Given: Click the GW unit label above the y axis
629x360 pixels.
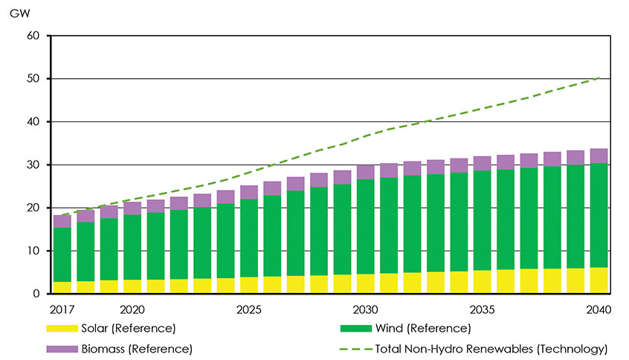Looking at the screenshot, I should click(17, 13).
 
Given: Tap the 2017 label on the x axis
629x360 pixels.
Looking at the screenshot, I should click(62, 309).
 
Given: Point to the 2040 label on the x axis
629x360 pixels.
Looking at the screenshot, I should click(598, 309).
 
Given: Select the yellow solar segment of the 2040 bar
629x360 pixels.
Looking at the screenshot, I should click(598, 280).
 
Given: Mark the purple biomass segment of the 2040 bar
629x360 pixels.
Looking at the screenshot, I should click(598, 155).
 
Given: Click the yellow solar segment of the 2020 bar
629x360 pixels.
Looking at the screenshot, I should click(132, 286).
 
